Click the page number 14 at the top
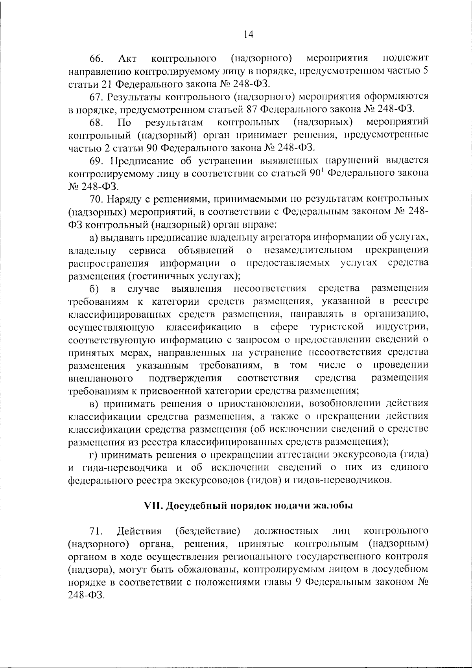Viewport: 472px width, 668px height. pos(248,34)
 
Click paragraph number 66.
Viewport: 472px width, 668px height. pos(97,59)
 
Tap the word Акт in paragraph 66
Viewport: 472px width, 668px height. pos(127,59)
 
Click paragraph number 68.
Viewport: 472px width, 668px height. pos(97,122)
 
